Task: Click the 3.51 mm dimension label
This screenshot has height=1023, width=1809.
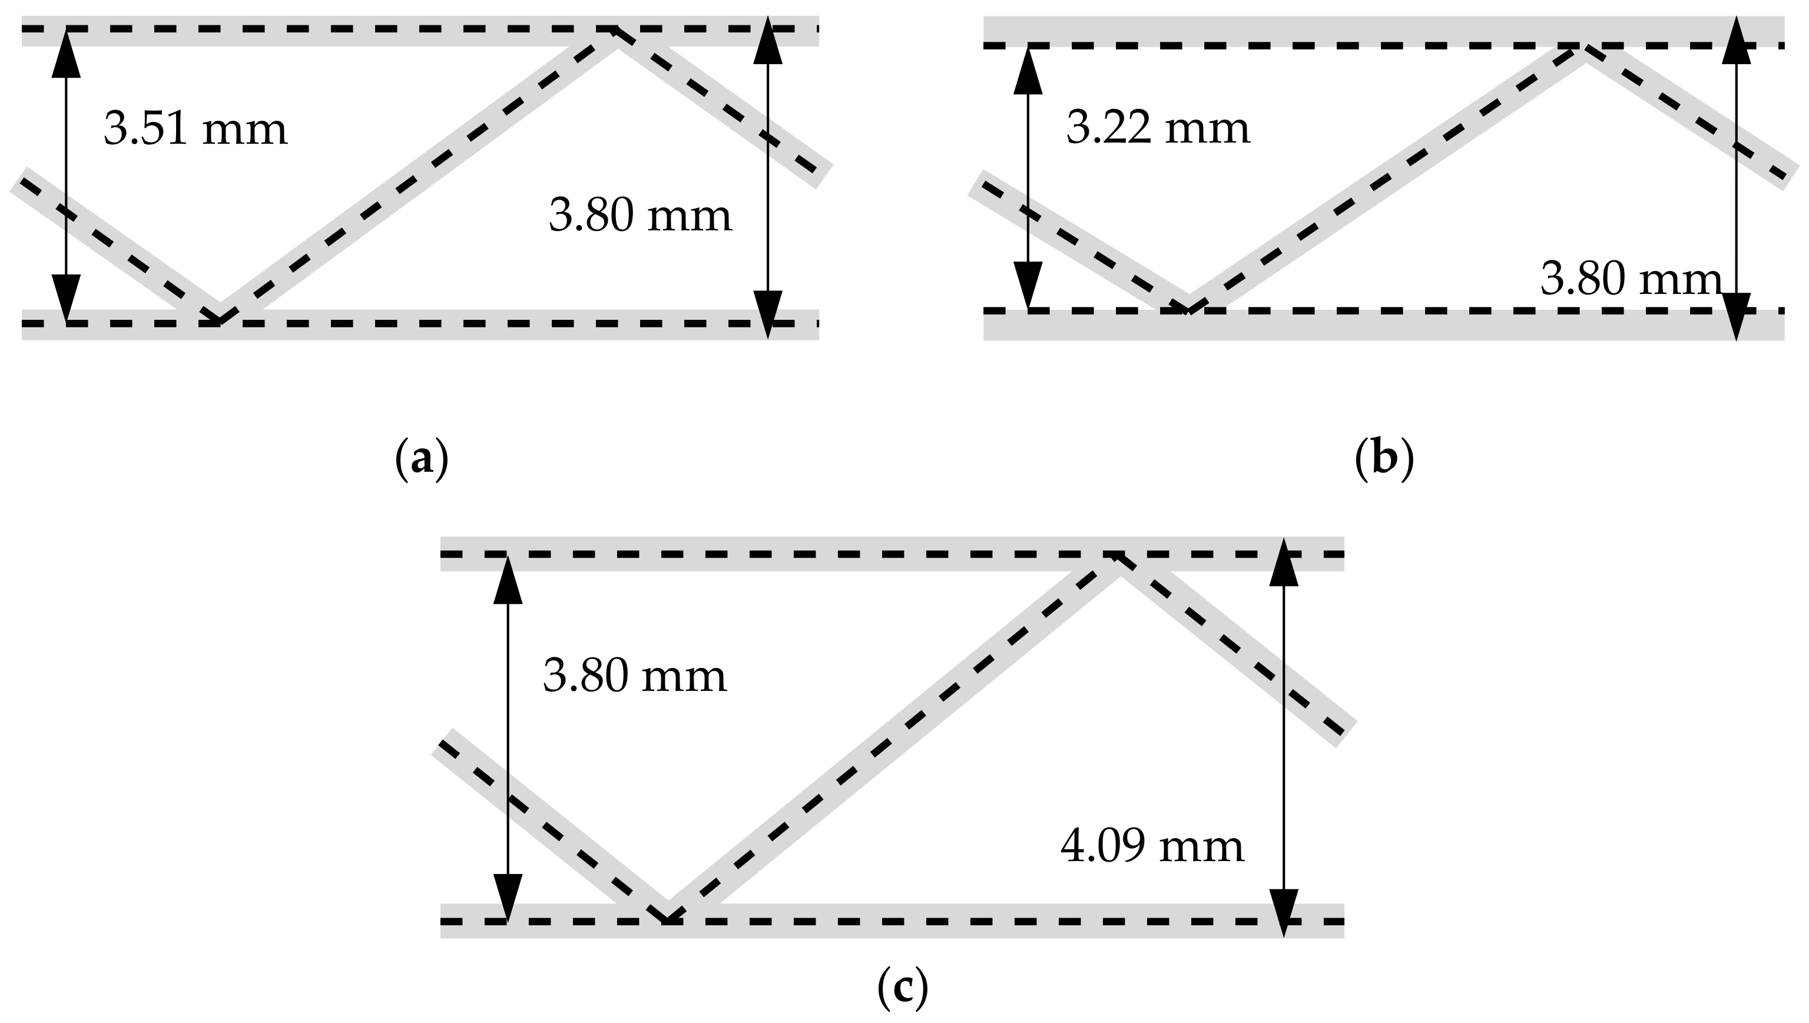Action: click(196, 130)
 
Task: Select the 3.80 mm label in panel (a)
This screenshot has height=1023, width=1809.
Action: click(640, 216)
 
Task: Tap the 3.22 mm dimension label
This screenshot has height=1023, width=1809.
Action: click(1158, 128)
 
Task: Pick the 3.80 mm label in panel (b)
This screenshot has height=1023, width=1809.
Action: click(1631, 280)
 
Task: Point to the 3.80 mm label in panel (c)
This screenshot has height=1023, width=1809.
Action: click(634, 677)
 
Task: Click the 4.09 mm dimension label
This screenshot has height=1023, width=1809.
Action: click(1152, 847)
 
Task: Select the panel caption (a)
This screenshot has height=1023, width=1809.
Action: click(422, 459)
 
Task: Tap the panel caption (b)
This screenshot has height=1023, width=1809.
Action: click(1383, 459)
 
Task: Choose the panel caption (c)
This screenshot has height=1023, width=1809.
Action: click(903, 988)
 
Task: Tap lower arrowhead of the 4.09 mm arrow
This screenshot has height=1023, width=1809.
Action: click(1284, 913)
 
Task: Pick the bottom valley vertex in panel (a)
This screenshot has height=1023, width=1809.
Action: click(219, 322)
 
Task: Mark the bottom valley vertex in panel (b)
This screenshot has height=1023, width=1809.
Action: click(1187, 309)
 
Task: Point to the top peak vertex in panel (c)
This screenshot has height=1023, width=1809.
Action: click(1115, 555)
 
